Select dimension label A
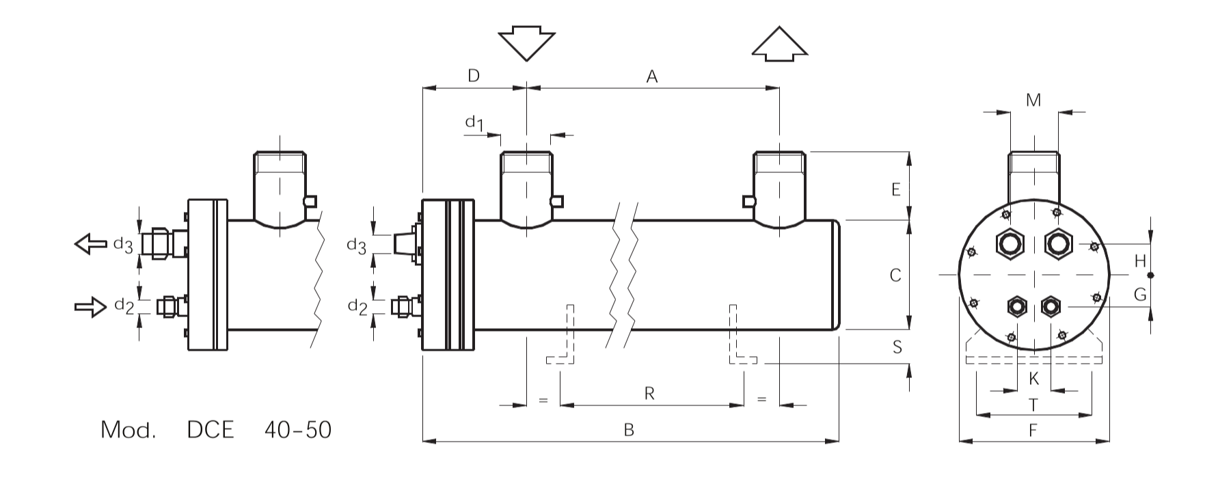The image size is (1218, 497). tap(652, 77)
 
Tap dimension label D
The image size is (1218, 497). tap(474, 75)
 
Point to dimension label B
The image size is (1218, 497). tap(630, 430)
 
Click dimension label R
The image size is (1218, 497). tap(649, 393)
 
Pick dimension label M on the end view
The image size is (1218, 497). tap(1033, 100)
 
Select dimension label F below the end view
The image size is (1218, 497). tap(1033, 431)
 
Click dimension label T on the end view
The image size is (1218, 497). tap(1033, 405)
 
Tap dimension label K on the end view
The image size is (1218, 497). tap(1033, 378)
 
